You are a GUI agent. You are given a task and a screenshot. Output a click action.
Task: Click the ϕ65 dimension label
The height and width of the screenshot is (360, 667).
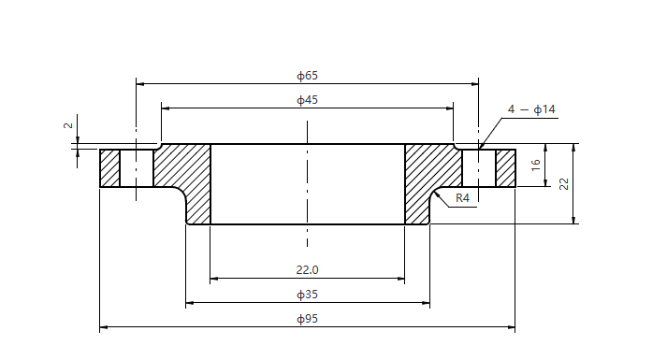[307, 75]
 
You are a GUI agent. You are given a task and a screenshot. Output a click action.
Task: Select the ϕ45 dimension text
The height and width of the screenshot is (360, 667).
[307, 99]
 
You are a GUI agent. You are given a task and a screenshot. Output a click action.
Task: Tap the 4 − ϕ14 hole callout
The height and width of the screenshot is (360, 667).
[531, 109]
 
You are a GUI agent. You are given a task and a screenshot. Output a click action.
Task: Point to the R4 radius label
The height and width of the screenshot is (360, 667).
[462, 198]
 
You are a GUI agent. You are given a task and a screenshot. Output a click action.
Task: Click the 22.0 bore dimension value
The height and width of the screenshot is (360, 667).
[308, 269]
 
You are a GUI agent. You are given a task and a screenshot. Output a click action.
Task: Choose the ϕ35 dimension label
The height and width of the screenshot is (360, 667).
[308, 295]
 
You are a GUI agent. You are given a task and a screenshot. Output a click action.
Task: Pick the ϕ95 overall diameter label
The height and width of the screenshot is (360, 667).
[308, 319]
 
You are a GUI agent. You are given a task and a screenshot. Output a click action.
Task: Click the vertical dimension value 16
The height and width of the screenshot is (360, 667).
[536, 165]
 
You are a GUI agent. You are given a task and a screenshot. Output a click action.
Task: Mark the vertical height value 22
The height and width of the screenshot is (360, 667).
[564, 183]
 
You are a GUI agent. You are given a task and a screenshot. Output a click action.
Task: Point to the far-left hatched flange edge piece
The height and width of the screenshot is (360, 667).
[110, 168]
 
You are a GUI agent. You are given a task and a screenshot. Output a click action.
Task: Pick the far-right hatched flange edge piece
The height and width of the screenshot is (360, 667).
[505, 168]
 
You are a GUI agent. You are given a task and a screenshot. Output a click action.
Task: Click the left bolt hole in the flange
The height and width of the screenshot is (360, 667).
[137, 168]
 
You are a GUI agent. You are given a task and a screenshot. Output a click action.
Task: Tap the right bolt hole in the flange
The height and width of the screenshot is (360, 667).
[479, 168]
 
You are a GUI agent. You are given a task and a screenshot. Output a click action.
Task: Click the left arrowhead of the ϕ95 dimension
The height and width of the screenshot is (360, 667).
[104, 327]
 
